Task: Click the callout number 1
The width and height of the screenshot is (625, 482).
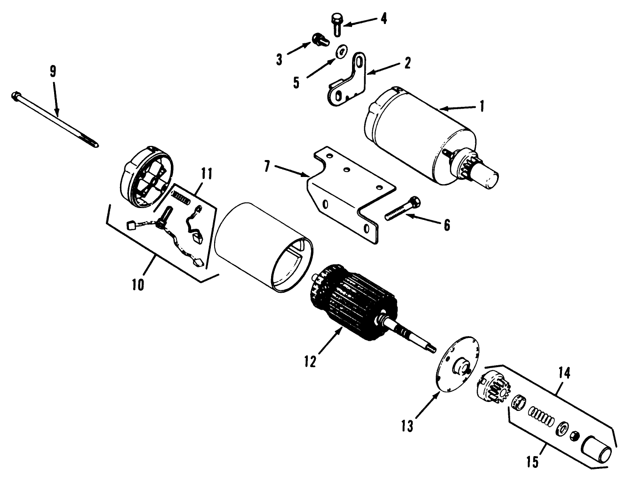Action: point(481,106)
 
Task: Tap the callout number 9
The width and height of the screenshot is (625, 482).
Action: point(52,72)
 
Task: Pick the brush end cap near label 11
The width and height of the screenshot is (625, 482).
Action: point(146,176)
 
